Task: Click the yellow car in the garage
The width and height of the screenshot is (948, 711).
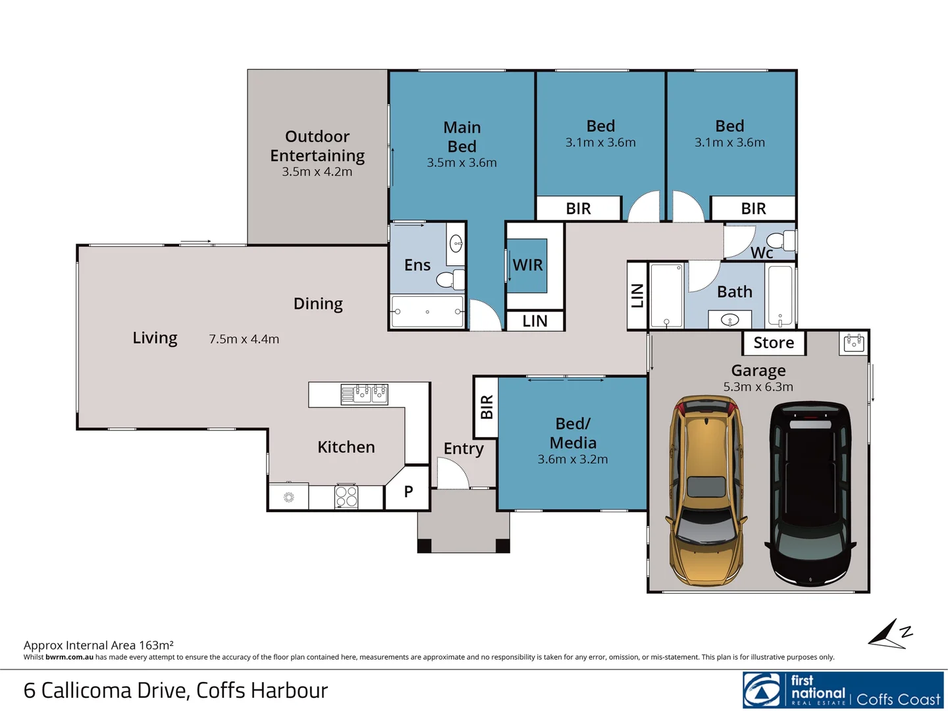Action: pyautogui.click(x=706, y=491)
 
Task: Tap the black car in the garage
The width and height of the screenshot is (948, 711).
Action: pyautogui.click(x=810, y=494)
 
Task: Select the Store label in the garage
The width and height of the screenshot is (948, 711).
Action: pyautogui.click(x=774, y=343)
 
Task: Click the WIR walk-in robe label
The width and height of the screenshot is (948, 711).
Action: pyautogui.click(x=527, y=265)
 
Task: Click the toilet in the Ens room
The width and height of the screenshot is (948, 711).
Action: pyautogui.click(x=450, y=280)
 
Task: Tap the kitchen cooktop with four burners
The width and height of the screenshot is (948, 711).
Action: pyautogui.click(x=346, y=496)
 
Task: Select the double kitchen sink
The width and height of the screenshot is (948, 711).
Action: pyautogui.click(x=365, y=394)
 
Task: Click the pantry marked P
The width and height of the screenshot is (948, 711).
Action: pyautogui.click(x=408, y=491)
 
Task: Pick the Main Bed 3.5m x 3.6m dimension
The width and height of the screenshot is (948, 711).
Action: pyautogui.click(x=461, y=163)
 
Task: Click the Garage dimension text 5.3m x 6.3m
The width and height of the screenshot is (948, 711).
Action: pyautogui.click(x=758, y=387)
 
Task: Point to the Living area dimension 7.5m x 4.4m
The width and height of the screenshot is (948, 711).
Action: pyautogui.click(x=244, y=339)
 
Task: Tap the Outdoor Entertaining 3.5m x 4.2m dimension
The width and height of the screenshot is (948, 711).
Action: pyautogui.click(x=317, y=172)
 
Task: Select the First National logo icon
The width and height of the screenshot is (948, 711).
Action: pyautogui.click(x=762, y=689)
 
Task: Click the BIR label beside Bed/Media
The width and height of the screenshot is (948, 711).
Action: pyautogui.click(x=487, y=407)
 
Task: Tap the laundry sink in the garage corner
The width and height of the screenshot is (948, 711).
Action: pyautogui.click(x=854, y=344)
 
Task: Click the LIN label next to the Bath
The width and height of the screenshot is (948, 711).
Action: pyautogui.click(x=637, y=296)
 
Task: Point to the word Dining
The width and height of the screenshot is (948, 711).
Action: pyautogui.click(x=318, y=304)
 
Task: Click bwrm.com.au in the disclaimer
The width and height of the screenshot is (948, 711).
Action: pyautogui.click(x=69, y=658)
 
